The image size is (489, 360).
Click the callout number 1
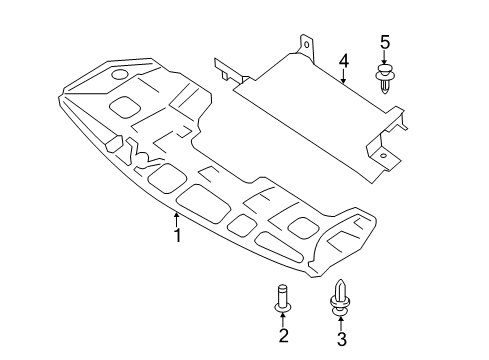tap(178, 235)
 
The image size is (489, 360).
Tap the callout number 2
tap(283, 335)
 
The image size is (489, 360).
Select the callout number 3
tap(342, 339)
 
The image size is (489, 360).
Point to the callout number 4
tap(344, 62)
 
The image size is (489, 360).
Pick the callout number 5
tap(385, 43)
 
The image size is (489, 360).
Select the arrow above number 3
tap(341, 323)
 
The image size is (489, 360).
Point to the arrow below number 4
tap(343, 77)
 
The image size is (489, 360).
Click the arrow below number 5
tap(384, 58)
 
